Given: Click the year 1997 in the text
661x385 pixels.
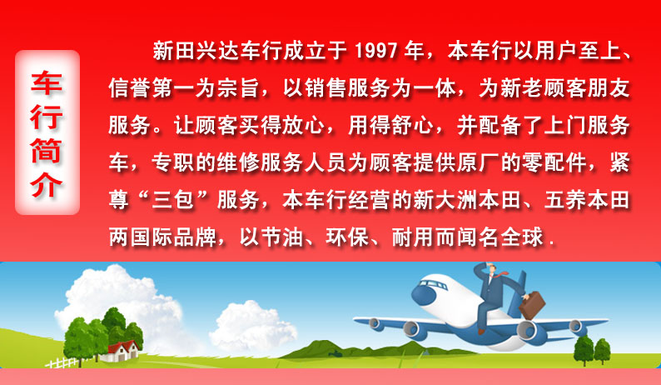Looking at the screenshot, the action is coord(376,52).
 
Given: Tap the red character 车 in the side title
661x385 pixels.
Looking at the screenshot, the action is coord(47,83).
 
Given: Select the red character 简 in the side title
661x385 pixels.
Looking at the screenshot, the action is coord(47,151).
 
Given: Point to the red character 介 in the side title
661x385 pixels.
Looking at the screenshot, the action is coord(47,184).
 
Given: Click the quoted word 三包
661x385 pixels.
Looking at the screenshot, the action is coord(173,200).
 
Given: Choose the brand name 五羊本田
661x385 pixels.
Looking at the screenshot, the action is coord(587,200).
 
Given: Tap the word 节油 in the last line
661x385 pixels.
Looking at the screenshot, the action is coord(282,237).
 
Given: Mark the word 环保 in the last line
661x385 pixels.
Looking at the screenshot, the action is coord(348,237).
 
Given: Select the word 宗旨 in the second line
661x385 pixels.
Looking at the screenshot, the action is coord(239,88).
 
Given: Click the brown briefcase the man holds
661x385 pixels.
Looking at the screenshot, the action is coord(532,305).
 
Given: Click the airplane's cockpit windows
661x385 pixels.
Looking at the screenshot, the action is coord(432,284).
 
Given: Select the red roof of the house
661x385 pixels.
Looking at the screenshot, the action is coord(122,347).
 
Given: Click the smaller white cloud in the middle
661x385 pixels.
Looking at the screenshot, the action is coord(253,326).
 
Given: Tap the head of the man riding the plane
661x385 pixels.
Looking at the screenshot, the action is coord(491,268).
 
